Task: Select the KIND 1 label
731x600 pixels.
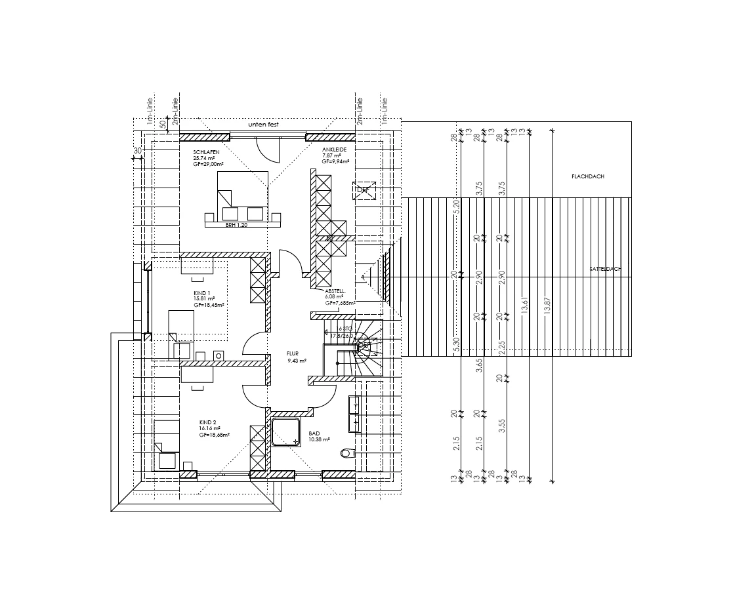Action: coord(202,293)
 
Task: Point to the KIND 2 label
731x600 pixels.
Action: coord(208,422)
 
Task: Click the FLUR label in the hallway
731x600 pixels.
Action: coord(293,353)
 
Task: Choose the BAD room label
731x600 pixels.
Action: coord(314,433)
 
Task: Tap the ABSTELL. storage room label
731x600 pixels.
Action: coord(335,290)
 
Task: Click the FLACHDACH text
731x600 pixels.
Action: coord(588,177)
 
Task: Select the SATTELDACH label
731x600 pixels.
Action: coord(604,269)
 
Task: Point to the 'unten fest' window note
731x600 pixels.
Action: coord(263,124)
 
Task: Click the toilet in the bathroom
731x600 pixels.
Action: coord(346,453)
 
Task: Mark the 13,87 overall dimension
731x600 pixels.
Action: coord(548,306)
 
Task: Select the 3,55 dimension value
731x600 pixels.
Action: coord(501,426)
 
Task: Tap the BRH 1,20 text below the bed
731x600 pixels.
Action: coord(235,225)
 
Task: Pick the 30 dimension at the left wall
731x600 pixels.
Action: coord(137,151)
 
